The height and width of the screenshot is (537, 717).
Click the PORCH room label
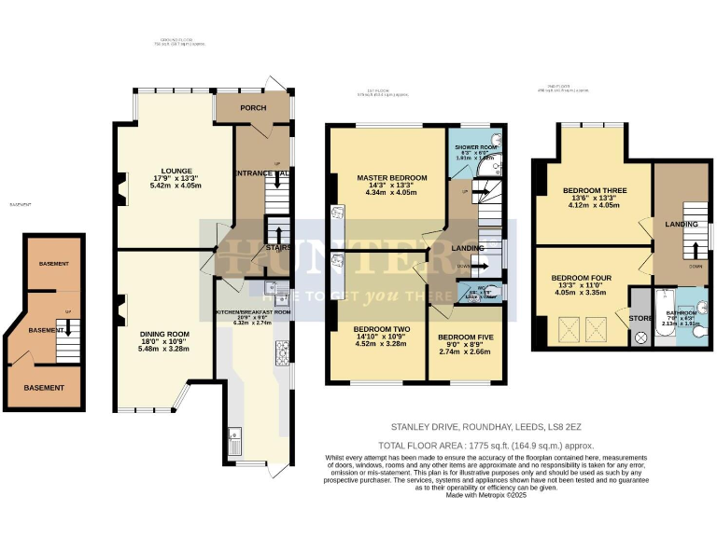(x=252, y=108)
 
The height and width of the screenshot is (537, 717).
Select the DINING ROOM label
(x=165, y=334)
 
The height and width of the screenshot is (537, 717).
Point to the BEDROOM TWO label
(x=383, y=329)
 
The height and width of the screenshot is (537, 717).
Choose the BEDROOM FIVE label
(x=464, y=337)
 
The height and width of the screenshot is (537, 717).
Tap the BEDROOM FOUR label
(x=582, y=278)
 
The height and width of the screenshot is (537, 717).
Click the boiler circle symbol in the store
(x=640, y=337)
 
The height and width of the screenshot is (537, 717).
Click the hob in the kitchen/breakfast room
(x=279, y=352)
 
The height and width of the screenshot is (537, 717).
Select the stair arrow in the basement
(x=64, y=328)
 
